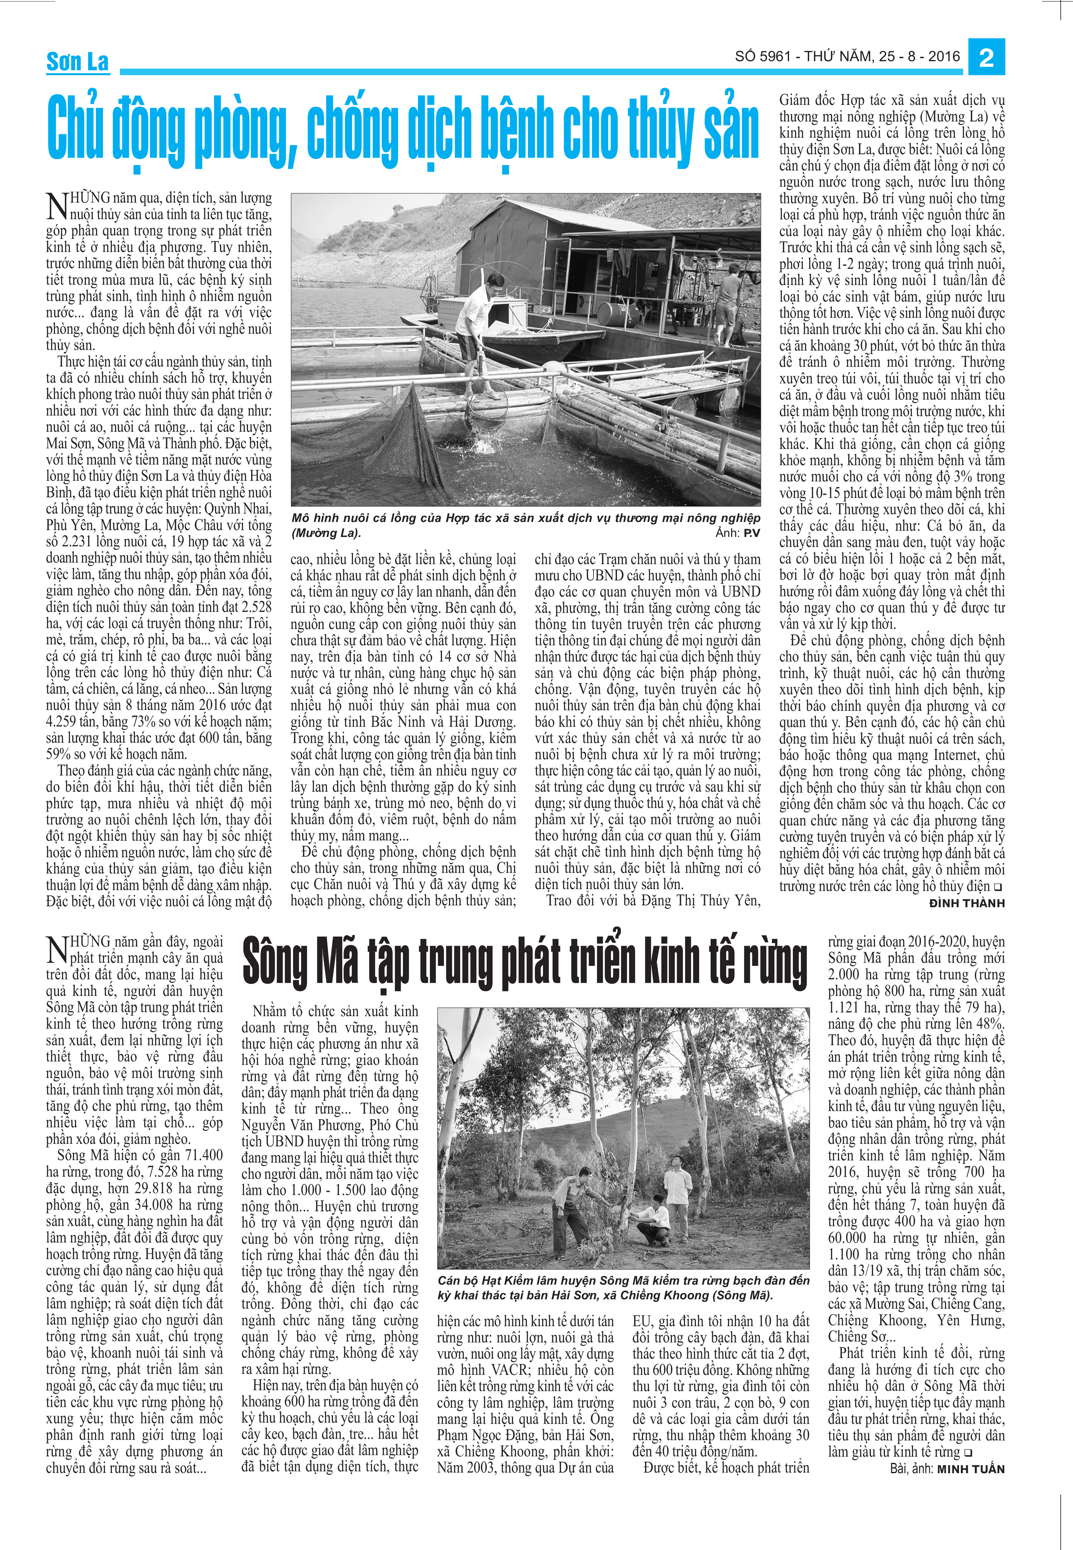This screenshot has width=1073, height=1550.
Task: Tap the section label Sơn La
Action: [x=77, y=62]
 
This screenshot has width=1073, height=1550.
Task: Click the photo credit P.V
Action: [x=751, y=533]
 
